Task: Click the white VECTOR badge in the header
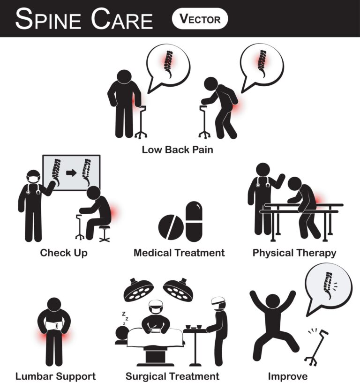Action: click(200, 19)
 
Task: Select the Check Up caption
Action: click(64, 253)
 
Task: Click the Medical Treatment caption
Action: click(179, 253)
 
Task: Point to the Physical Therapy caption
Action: click(294, 253)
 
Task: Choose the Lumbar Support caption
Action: click(55, 376)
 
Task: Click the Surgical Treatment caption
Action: click(172, 376)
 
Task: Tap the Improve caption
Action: click(288, 376)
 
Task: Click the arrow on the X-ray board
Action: click(71, 172)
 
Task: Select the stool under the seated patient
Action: click(104, 233)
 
